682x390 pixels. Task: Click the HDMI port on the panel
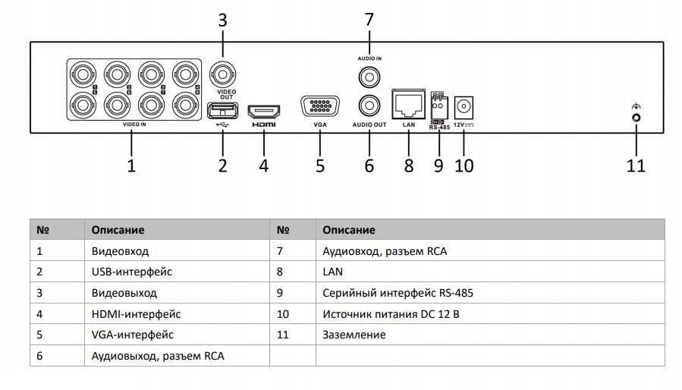click(x=264, y=111)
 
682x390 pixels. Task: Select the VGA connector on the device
click(x=319, y=107)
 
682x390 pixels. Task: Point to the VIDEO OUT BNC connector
click(x=222, y=75)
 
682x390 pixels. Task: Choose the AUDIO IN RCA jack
click(x=369, y=76)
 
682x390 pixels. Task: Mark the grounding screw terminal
click(x=636, y=118)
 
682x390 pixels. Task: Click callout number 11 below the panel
click(x=636, y=165)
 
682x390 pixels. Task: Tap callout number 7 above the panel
click(x=369, y=19)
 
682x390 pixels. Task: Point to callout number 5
click(x=319, y=165)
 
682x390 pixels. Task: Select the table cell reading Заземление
click(x=354, y=335)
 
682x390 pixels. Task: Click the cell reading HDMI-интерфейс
click(x=136, y=313)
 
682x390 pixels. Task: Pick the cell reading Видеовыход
click(x=124, y=293)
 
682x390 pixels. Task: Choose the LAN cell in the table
click(x=333, y=271)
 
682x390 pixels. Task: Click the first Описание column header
click(x=118, y=229)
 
